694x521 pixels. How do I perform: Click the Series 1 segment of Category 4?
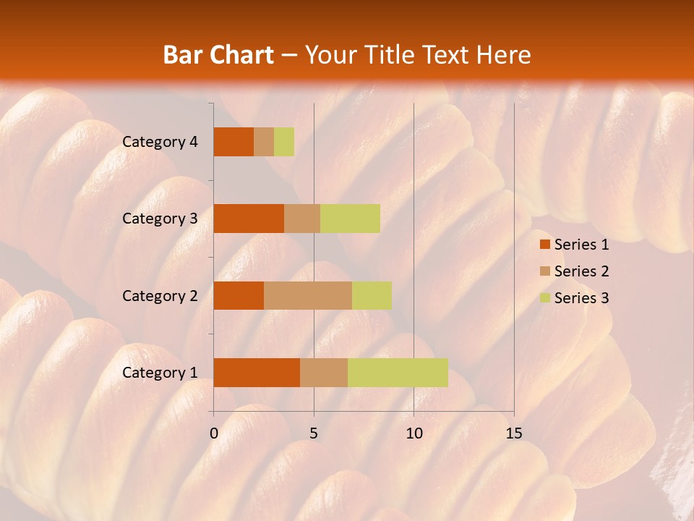pyautogui.click(x=234, y=142)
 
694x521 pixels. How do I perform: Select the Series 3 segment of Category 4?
pyautogui.click(x=284, y=142)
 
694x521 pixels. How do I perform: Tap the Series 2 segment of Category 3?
pyautogui.click(x=302, y=219)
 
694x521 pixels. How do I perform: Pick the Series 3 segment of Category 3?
pyautogui.click(x=350, y=219)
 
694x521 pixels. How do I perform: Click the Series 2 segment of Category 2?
pyautogui.click(x=308, y=295)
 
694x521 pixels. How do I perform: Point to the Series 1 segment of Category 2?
pyautogui.click(x=239, y=295)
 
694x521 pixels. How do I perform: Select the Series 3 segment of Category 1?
pyautogui.click(x=398, y=373)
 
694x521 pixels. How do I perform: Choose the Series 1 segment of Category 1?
pyautogui.click(x=257, y=373)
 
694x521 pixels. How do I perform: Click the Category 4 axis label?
pyautogui.click(x=160, y=142)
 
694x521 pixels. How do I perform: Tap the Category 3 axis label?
pyautogui.click(x=160, y=219)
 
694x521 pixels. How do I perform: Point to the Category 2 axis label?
pyautogui.click(x=160, y=295)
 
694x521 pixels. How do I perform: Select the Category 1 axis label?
pyautogui.click(x=160, y=373)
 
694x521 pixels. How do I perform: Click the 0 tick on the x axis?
pyautogui.click(x=214, y=433)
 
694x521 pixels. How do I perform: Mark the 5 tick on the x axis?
pyautogui.click(x=314, y=433)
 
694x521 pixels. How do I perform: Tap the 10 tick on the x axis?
pyautogui.click(x=414, y=433)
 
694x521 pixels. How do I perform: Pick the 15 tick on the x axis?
pyautogui.click(x=513, y=433)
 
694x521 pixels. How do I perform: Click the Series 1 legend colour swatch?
pyautogui.click(x=544, y=245)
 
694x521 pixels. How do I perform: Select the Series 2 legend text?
pyautogui.click(x=581, y=271)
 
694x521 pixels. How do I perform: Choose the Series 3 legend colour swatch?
pyautogui.click(x=544, y=298)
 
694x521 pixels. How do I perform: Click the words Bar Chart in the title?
pyautogui.click(x=218, y=54)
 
